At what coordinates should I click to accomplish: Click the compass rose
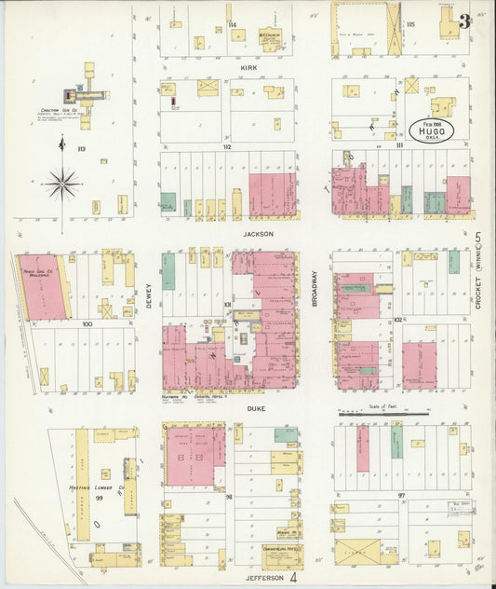(x=61, y=183)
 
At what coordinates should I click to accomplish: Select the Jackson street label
(x=259, y=234)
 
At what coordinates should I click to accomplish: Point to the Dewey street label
(x=148, y=297)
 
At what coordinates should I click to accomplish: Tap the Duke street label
(x=257, y=408)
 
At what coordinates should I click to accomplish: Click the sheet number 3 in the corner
(x=463, y=22)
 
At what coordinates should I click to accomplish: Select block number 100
(x=87, y=324)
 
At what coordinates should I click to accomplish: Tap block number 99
(x=98, y=500)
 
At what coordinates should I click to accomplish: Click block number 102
(x=397, y=320)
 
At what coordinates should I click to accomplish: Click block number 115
(x=410, y=23)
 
